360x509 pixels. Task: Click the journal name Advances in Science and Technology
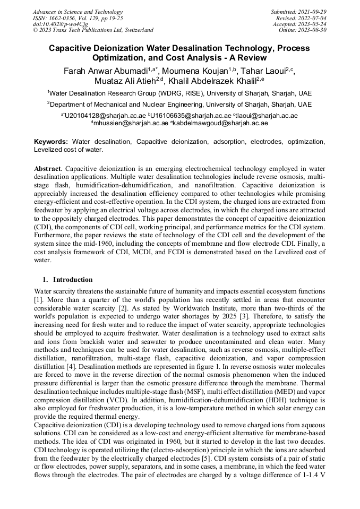pyautogui.click(x=78, y=12)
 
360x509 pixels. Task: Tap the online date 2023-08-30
pyautogui.click(x=312, y=30)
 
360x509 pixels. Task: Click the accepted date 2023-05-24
pyautogui.click(x=312, y=24)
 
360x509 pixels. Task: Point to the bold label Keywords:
pyautogui.click(x=51, y=142)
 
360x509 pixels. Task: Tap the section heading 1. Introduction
pyautogui.click(x=67, y=280)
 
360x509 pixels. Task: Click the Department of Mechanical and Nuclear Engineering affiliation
pyautogui.click(x=179, y=105)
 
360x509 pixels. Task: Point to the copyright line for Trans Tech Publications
pyautogui.click(x=93, y=30)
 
